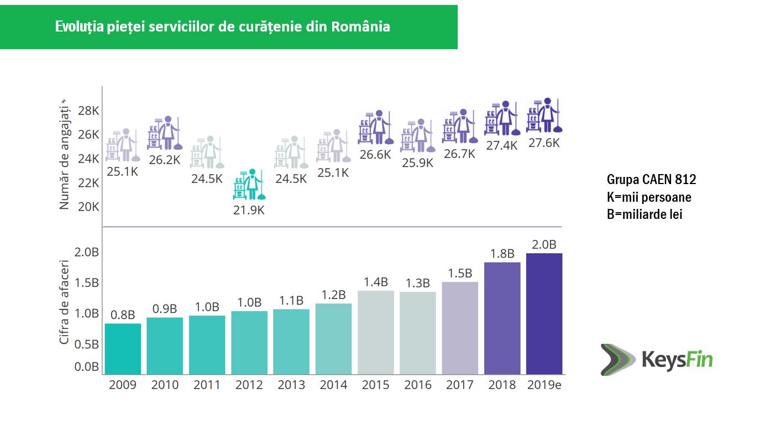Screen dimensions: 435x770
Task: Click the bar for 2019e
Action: point(544,313)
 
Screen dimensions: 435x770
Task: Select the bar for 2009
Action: point(123,348)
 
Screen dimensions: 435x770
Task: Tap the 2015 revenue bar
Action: point(375,332)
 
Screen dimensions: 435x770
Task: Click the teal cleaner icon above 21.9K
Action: point(248,185)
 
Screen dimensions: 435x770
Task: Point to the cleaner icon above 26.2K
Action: point(164,133)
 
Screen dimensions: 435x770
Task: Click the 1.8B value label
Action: point(502,254)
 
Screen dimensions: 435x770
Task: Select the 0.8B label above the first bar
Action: point(123,315)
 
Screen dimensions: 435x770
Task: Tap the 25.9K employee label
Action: point(417,163)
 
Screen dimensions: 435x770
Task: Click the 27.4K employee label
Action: point(502,145)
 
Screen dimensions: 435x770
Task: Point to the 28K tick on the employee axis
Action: point(88,111)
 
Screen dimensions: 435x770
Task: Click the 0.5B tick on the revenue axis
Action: point(87,344)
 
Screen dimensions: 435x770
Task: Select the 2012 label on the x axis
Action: point(249,385)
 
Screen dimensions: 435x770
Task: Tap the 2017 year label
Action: point(459,385)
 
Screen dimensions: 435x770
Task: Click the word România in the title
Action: point(361,27)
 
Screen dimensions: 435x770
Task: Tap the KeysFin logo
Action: point(657,360)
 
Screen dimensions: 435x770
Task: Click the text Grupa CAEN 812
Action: point(651,180)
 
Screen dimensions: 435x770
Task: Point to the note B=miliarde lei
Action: point(645,214)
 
